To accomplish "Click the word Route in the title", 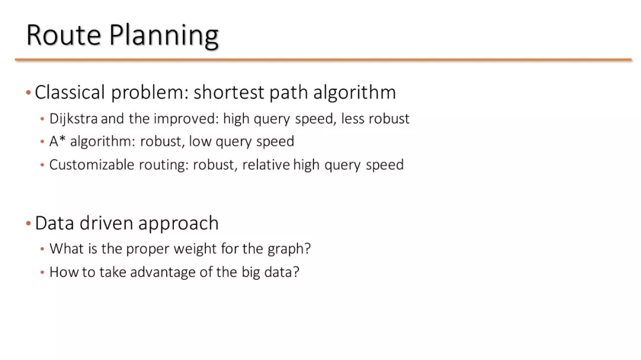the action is pos(64,35).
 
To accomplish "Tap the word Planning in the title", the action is pos(164,36).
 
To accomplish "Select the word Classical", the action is pos(70,92).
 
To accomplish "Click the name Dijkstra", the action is pos(74,119).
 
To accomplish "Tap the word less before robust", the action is pos(353,119).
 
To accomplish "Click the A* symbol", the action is pos(58,141).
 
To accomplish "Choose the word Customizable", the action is pos(91,165).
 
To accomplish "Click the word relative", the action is pos(266,165).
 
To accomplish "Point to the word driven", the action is pos(106,223).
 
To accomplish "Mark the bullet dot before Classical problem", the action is pos(28,93).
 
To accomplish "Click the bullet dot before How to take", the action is pos(42,272).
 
